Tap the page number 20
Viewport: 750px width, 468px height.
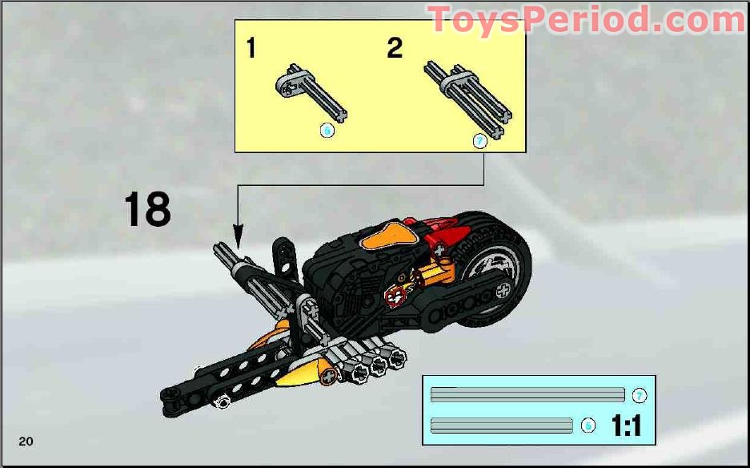coord(26,441)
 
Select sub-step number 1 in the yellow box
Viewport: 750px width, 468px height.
coord(251,49)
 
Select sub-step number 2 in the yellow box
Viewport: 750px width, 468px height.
coord(395,48)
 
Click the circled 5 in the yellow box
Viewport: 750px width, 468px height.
coord(327,131)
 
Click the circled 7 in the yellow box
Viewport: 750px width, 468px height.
coord(479,141)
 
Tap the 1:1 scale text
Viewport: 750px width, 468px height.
coord(626,426)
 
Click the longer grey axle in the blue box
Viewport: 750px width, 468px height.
coord(527,395)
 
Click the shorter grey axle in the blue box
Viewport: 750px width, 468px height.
coord(502,426)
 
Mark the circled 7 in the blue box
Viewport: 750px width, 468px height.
coord(639,396)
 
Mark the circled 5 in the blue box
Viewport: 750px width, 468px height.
coord(588,426)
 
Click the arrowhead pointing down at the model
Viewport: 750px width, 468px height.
coord(238,236)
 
